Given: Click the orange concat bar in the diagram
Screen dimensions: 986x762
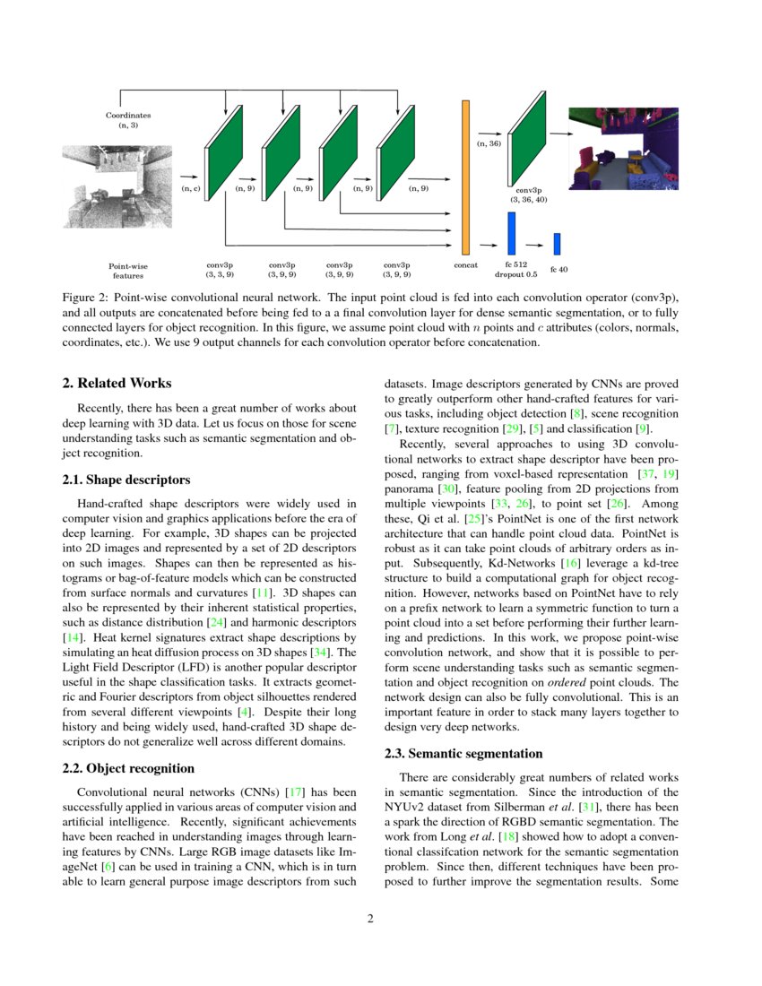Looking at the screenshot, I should (465, 177).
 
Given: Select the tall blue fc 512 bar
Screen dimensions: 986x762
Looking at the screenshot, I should (511, 234).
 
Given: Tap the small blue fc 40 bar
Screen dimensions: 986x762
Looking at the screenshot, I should (557, 244).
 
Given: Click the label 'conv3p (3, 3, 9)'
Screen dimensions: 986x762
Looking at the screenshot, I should (220, 270).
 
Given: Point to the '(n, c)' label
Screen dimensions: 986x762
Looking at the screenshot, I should (190, 189).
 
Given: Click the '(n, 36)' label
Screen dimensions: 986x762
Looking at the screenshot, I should (489, 143).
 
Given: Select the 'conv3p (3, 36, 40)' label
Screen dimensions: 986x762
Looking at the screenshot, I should (528, 195).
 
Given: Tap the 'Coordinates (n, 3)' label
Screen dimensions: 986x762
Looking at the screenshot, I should (128, 120).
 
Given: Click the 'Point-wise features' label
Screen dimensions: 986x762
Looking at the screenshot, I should (127, 270).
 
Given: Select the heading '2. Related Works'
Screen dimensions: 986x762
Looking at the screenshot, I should (117, 383).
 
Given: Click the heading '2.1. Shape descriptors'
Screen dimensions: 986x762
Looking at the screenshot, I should (126, 480).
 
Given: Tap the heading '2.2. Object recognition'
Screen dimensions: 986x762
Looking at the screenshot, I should (128, 768).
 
